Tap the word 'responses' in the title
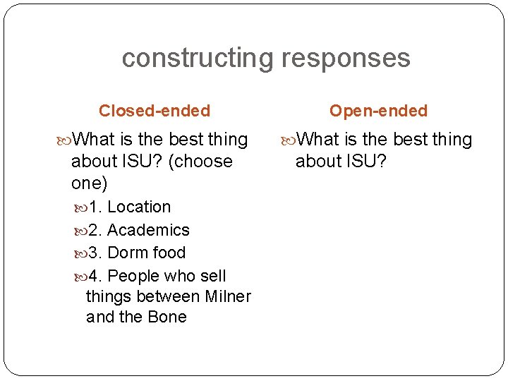[x=346, y=58]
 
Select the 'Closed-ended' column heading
[x=155, y=111]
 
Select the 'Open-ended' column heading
[x=378, y=111]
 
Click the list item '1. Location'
[x=128, y=207]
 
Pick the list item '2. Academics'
[x=138, y=230]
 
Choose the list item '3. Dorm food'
[x=135, y=253]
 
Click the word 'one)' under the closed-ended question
[x=90, y=183]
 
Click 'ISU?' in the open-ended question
[x=365, y=162]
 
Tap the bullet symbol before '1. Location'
[x=80, y=207]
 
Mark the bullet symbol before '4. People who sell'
[x=80, y=276]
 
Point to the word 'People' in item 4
[x=132, y=276]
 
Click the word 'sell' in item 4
[x=211, y=276]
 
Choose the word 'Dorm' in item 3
[x=126, y=253]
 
